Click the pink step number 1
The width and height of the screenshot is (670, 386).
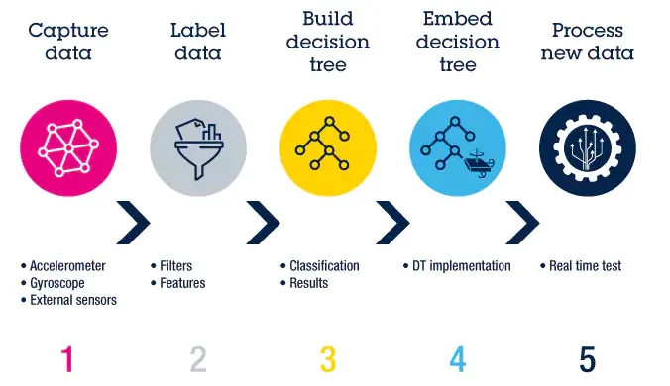point(66,358)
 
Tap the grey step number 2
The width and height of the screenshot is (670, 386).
point(197,358)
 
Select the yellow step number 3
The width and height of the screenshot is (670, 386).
point(328,358)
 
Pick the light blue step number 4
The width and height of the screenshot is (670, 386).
point(457,358)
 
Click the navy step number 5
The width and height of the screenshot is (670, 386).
point(587,358)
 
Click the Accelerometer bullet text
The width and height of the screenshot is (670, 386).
point(67,266)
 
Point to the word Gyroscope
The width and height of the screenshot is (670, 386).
point(57,283)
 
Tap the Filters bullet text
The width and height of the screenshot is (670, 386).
point(175,266)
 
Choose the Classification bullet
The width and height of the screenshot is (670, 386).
point(324,266)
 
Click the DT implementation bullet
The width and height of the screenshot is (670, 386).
point(462,266)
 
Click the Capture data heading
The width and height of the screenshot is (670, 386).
point(67,41)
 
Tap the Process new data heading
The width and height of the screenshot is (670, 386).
point(587,41)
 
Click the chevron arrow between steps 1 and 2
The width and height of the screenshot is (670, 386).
point(134,223)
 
